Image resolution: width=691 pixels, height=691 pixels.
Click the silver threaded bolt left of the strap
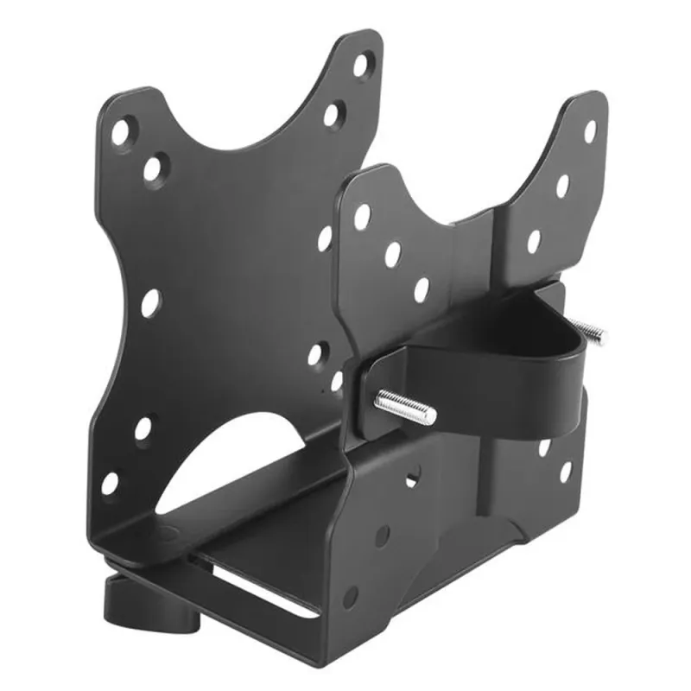[x=404, y=406]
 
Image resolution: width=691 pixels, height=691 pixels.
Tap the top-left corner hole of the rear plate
[x=120, y=131]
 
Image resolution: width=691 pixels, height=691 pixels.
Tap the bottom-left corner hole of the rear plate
[x=111, y=483]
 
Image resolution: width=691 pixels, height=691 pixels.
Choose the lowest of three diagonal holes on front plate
[x=422, y=289]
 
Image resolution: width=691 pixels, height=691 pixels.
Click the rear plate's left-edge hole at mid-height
[x=150, y=301]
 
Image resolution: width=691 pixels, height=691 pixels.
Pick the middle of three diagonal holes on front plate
[x=393, y=254]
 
